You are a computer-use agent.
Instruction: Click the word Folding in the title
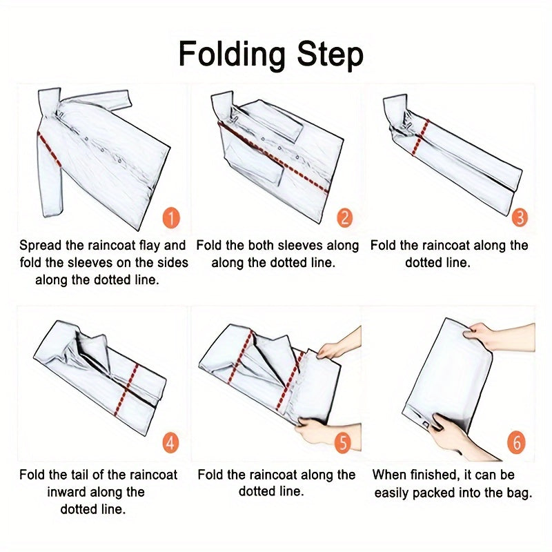(232, 55)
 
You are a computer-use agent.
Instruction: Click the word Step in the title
(330, 55)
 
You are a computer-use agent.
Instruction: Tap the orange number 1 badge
(171, 218)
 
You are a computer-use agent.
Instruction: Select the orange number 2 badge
(344, 217)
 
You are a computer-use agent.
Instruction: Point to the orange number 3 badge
(520, 217)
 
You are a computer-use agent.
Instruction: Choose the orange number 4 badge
(170, 443)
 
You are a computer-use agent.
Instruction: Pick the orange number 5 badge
(343, 442)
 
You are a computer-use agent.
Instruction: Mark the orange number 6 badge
(516, 442)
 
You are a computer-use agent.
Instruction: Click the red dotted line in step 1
(49, 148)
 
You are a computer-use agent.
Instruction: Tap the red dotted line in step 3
(420, 137)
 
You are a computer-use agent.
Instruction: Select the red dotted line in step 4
(126, 390)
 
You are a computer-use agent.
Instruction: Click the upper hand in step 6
(498, 337)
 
